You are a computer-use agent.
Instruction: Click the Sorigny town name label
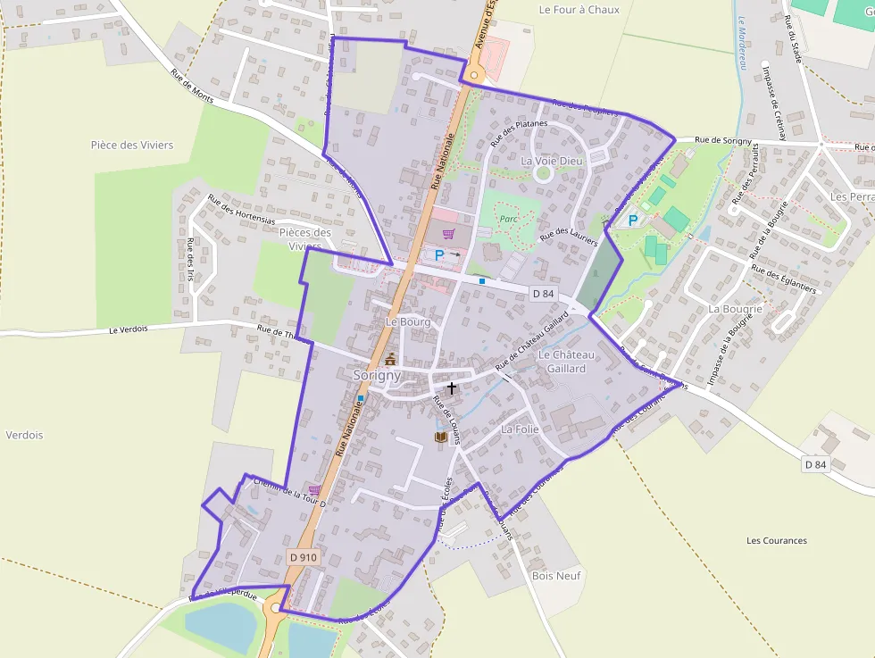(x=377, y=376)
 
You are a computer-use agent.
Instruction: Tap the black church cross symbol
(x=452, y=388)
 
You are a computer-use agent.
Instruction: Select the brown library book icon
(x=440, y=437)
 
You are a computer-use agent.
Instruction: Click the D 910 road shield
(x=304, y=557)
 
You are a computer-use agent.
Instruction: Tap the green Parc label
(x=508, y=219)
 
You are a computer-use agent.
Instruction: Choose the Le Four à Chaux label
(x=579, y=10)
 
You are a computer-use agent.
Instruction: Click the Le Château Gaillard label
(x=566, y=362)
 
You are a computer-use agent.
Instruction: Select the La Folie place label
(x=520, y=429)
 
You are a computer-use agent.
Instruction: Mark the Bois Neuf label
(x=555, y=576)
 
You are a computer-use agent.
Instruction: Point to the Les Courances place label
(x=776, y=540)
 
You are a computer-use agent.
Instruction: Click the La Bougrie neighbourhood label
(x=735, y=309)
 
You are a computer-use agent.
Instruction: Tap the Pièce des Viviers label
(x=132, y=145)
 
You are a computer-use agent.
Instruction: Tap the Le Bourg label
(x=407, y=321)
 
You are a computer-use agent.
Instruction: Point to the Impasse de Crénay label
(x=774, y=103)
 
